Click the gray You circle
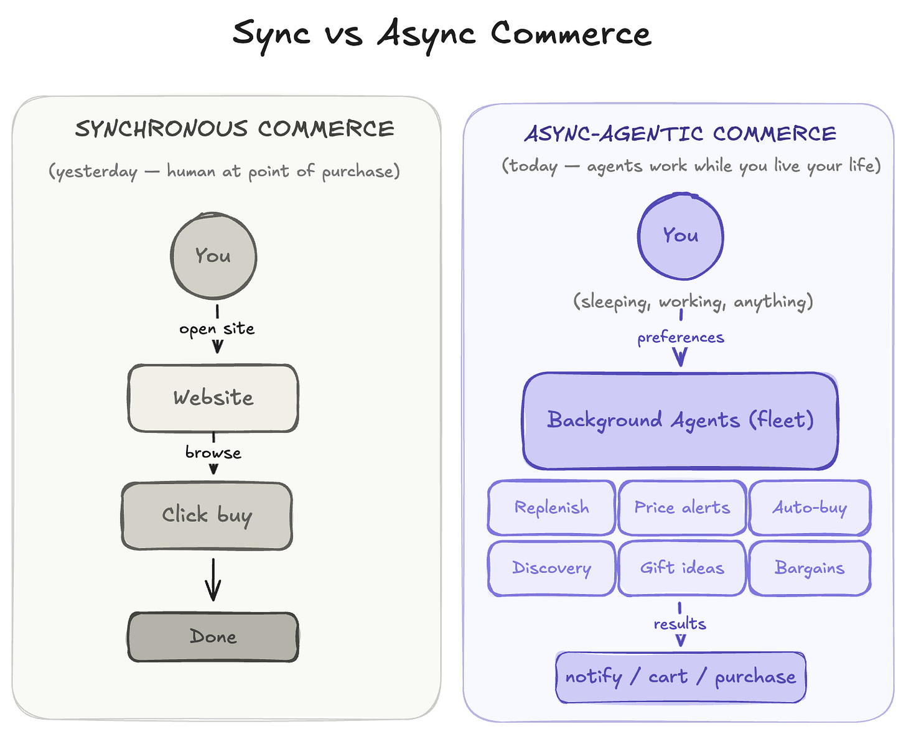213,256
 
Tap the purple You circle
680,236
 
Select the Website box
213,397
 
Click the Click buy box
207,516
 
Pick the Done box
213,636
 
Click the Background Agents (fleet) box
680,420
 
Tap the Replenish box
551,508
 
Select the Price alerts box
682,508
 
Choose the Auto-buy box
810,508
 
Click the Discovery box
551,568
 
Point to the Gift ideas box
682,568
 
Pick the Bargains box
810,568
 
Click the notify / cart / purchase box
680,677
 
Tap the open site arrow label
217,329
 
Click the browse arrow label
213,452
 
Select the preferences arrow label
681,338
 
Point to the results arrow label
679,624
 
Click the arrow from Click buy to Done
213,579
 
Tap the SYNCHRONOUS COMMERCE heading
235,129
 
